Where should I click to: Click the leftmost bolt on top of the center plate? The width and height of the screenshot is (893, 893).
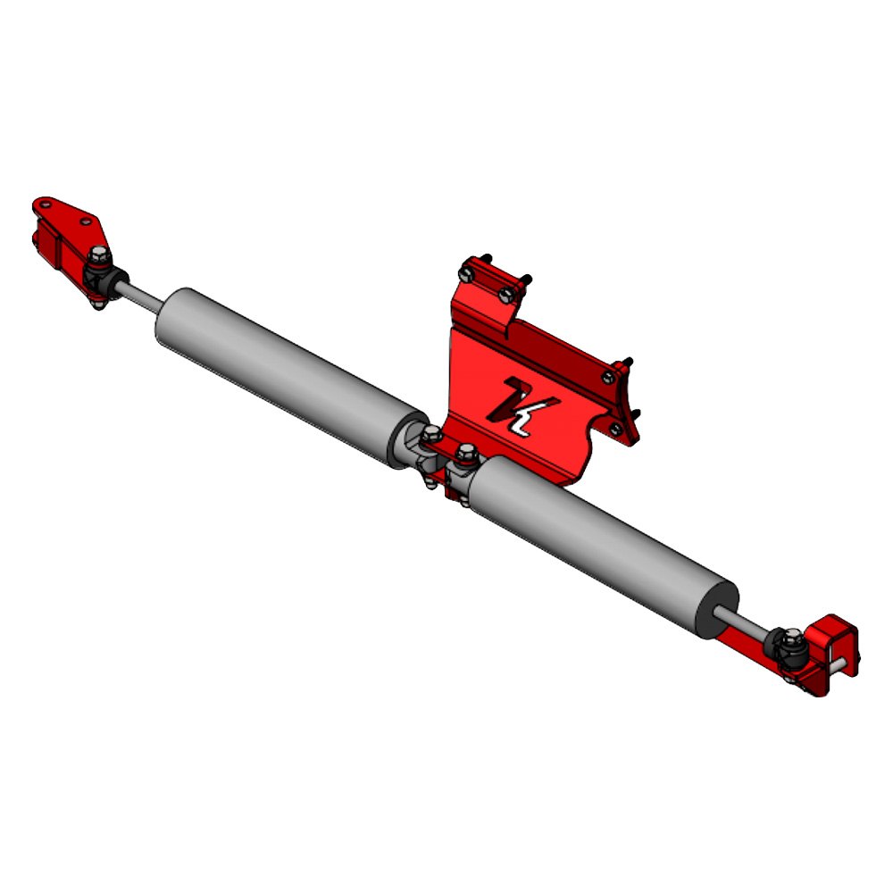(x=465, y=269)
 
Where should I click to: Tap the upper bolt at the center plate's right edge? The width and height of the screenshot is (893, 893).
(x=609, y=376)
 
